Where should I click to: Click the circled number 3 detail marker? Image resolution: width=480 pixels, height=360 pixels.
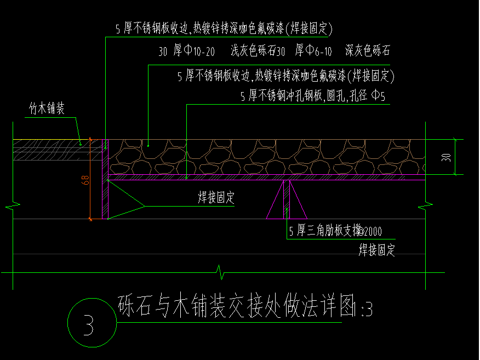[x=90, y=323]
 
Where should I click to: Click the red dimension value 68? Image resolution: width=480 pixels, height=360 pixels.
[x=86, y=180]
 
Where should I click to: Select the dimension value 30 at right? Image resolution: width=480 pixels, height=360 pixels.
[x=447, y=157]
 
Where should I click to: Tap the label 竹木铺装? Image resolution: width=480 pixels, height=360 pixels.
[x=47, y=108]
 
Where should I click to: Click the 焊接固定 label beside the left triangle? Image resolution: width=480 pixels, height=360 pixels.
[x=216, y=198]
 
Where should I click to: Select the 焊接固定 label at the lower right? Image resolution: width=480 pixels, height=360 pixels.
[x=376, y=250]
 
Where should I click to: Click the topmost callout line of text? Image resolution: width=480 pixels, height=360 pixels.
[x=224, y=28]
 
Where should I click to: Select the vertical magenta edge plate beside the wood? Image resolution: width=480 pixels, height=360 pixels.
[x=105, y=179]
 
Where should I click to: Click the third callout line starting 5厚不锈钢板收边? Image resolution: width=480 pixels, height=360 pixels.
[x=286, y=75]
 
